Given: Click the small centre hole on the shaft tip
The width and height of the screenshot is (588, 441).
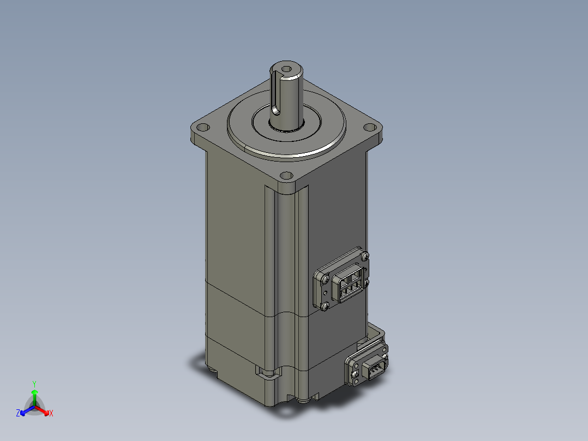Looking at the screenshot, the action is point(286,69).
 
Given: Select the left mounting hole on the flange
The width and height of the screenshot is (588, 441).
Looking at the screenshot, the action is point(203,127).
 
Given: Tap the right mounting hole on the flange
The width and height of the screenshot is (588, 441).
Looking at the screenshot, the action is point(370,127).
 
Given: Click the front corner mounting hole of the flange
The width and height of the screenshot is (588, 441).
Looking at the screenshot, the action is point(286,175).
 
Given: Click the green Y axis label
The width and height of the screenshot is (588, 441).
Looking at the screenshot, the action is point(34,384).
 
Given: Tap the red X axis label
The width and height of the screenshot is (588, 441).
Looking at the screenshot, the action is point(51,413).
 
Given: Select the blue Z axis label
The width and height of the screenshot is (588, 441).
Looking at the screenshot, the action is point(17,413).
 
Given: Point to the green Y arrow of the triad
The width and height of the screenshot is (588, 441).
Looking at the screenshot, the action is point(34,397).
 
